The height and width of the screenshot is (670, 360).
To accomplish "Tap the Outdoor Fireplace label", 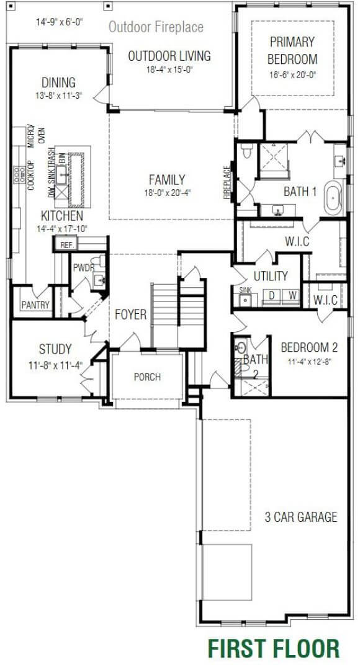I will pos(156,27).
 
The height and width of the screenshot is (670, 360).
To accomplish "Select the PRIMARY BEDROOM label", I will pos(292,51).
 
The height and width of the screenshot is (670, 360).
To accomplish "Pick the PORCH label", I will pos(147,377).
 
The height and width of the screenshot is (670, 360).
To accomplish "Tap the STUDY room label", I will pos(55,349).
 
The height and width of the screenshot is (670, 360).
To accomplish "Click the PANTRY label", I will pos(35,305).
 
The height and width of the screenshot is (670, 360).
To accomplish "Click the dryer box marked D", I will pos(271,296).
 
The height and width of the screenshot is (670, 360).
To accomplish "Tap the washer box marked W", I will pos(292,296).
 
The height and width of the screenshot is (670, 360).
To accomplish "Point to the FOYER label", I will pos(131,315).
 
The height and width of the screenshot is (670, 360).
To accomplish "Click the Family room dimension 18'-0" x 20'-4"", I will pos(166,192).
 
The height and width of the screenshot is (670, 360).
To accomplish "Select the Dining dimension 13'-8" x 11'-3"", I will pos(59,96).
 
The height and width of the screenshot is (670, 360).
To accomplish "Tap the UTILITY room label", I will pos(271,276).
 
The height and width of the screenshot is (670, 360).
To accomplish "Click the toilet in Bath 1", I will pos(246,152).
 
